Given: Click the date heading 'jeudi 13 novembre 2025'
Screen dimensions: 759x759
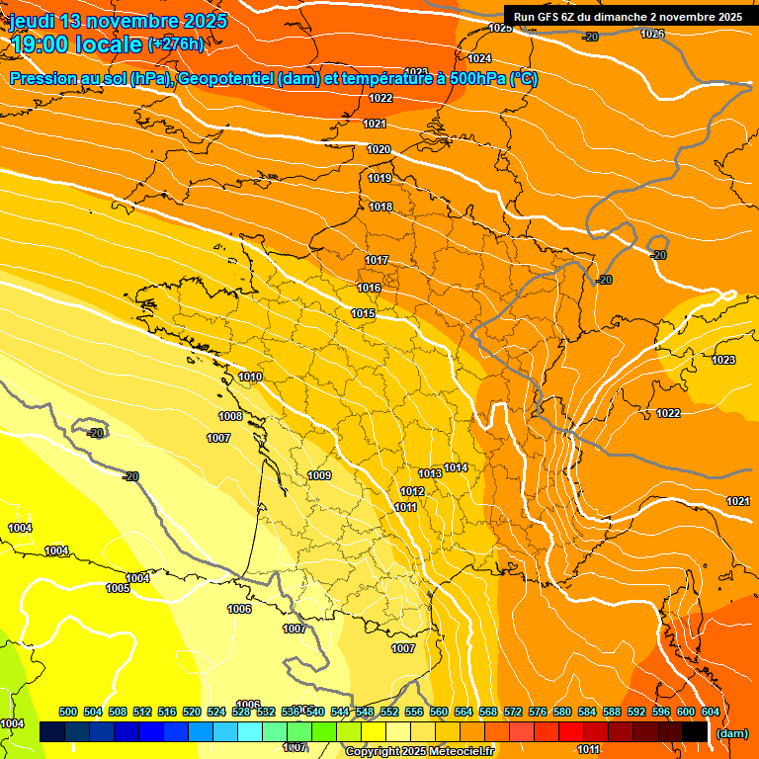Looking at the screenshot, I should (118, 21).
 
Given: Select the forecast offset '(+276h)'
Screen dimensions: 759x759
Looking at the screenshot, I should (176, 44).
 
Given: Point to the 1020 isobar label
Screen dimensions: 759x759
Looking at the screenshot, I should (379, 149).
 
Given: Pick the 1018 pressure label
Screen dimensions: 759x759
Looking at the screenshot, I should (380, 207).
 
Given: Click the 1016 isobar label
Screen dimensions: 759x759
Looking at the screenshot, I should (369, 288).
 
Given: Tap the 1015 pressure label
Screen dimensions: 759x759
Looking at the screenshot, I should (363, 313).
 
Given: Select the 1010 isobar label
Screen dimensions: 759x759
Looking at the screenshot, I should (250, 377).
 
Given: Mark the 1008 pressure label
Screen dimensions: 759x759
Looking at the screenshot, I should (230, 416).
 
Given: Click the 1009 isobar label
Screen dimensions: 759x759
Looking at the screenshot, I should (319, 475).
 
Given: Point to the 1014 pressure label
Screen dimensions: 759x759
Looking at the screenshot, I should (456, 467).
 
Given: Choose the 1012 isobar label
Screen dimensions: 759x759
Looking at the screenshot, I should (412, 491).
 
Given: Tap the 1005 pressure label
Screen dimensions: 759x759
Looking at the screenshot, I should (118, 588).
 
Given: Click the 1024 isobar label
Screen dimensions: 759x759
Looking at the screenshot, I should (479, 58).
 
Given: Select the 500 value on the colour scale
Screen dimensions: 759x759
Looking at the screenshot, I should (68, 712).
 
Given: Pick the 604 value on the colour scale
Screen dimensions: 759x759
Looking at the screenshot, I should (711, 712).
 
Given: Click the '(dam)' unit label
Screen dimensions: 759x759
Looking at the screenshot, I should (731, 733).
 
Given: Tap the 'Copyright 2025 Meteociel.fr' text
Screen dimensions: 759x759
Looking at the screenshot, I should (419, 751).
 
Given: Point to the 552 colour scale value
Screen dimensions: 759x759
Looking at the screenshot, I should (389, 712).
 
